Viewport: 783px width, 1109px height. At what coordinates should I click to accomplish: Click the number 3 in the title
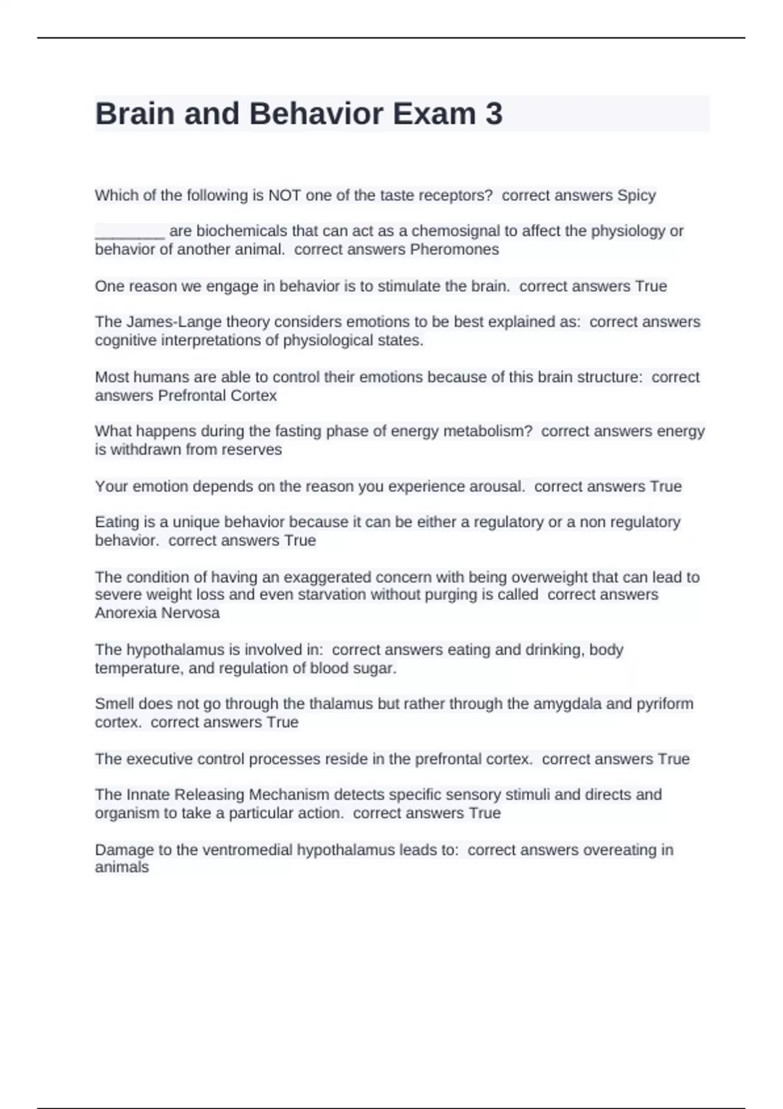click(x=494, y=114)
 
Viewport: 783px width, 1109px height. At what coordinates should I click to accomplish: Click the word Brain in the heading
click(x=134, y=114)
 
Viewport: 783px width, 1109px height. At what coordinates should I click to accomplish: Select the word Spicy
click(x=636, y=196)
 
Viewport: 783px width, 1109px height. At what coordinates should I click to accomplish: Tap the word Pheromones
click(x=454, y=250)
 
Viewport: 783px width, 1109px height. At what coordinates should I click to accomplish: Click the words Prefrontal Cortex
click(x=217, y=396)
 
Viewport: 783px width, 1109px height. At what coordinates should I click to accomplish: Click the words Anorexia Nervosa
click(x=157, y=613)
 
